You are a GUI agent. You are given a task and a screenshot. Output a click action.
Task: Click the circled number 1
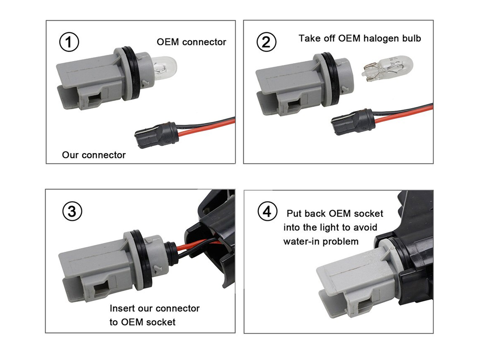[69, 42]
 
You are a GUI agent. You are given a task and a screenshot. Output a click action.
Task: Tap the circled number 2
[266, 42]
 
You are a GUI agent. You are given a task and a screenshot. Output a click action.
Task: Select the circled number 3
[72, 211]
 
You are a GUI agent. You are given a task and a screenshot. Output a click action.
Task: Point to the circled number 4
[268, 211]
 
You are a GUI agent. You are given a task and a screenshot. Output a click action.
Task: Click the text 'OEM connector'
[191, 42]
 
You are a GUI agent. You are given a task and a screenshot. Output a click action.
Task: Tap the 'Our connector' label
[94, 155]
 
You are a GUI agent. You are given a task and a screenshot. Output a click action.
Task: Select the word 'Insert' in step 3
[122, 308]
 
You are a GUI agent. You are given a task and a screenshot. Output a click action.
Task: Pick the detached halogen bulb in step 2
[387, 68]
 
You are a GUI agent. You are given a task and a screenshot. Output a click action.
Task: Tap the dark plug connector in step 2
[353, 122]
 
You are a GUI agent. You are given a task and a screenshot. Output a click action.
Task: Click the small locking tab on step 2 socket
[344, 89]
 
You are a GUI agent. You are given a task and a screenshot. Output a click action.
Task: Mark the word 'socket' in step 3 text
[161, 322]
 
